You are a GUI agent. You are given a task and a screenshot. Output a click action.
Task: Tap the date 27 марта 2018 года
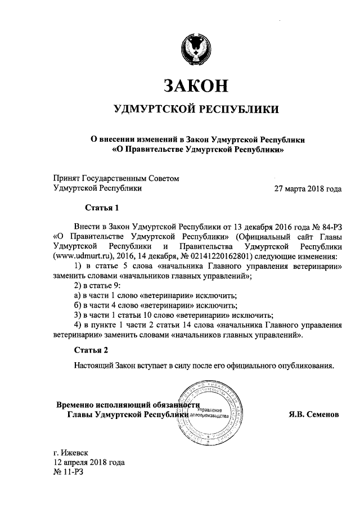tap(307, 189)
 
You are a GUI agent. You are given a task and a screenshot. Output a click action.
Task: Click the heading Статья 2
tap(91, 350)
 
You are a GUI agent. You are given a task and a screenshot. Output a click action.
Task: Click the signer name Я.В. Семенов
tap(314, 415)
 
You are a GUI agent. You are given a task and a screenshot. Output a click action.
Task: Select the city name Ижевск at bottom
tap(75, 452)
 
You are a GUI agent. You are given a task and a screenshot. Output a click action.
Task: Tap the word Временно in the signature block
tap(75, 405)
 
